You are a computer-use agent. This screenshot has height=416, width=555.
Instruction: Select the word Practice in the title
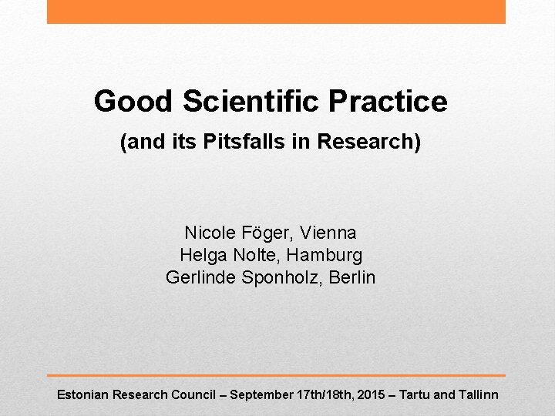point(388,101)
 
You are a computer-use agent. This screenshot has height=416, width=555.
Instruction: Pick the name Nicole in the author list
point(207,232)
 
